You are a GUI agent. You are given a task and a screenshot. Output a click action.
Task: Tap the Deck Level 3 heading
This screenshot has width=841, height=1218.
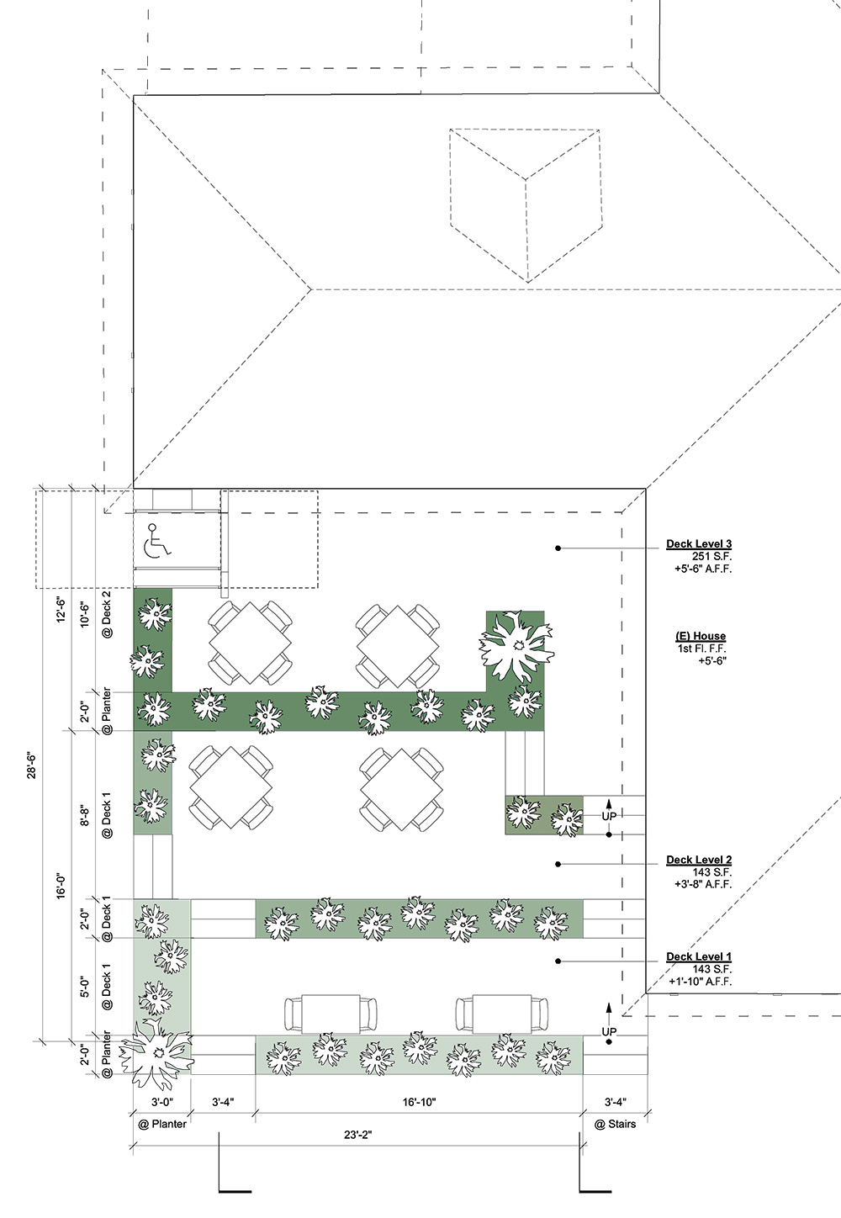[x=699, y=543]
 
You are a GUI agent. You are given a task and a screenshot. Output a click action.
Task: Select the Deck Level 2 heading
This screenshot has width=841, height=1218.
[x=699, y=860]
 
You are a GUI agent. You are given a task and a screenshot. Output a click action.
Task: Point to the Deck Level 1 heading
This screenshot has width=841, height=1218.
[x=699, y=956]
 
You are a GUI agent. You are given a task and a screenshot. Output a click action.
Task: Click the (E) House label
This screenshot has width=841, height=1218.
[x=701, y=636]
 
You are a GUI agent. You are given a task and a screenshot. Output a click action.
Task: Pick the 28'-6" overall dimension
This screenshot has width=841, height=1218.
[x=32, y=765]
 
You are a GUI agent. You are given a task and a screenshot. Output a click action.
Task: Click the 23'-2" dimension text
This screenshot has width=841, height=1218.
[x=357, y=1135]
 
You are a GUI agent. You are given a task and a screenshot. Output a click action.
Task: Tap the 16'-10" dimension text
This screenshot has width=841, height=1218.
[x=419, y=1102]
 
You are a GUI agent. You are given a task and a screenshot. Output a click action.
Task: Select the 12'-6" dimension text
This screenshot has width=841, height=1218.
[x=61, y=610]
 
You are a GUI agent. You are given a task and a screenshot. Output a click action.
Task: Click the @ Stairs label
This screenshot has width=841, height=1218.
[x=615, y=1124]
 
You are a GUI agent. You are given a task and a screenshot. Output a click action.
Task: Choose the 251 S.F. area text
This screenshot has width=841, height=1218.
[x=711, y=556]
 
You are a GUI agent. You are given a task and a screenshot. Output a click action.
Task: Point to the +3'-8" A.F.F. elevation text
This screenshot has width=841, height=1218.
[x=703, y=884]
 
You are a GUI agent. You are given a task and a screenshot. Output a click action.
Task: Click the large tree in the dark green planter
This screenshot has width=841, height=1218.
[x=516, y=646]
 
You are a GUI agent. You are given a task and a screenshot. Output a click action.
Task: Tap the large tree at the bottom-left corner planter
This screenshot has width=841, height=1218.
[x=157, y=1054]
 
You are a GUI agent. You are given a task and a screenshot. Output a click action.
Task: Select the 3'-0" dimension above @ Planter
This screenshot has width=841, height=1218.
[x=161, y=1102]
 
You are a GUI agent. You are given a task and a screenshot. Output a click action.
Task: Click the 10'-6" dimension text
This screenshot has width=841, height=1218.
[x=85, y=614]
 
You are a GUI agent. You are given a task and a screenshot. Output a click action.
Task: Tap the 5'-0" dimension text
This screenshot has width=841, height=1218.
[x=85, y=987]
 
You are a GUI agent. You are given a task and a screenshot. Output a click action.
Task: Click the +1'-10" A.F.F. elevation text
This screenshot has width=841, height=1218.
[x=701, y=982]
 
